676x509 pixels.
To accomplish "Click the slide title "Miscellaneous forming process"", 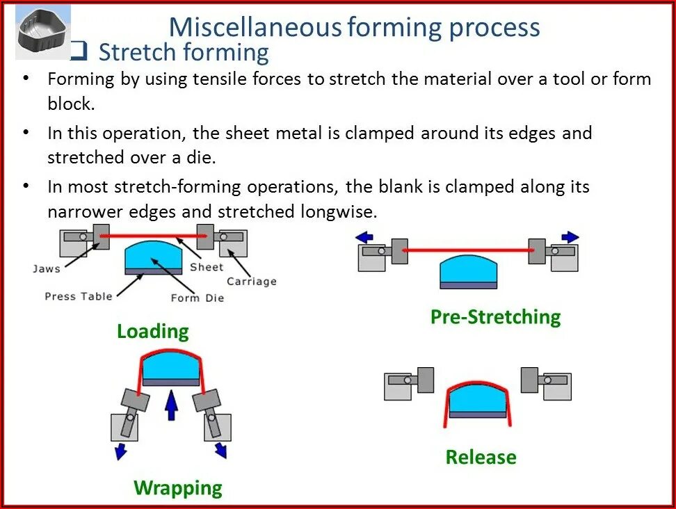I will point(354,27).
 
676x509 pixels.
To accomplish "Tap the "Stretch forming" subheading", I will point(184,52).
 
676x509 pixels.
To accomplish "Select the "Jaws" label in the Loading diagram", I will point(47,268).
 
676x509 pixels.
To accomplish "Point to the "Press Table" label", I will point(78,296).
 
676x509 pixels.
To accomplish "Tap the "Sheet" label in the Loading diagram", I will point(207,267).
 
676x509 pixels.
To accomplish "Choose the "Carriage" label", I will point(251,282).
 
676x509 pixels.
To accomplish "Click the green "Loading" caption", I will point(152,331).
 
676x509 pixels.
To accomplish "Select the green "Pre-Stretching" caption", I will point(495,317).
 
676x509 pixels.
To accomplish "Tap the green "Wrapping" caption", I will point(178,487).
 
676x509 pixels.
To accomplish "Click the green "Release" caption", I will point(481,458).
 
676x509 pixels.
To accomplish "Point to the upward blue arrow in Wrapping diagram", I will point(170,405).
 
